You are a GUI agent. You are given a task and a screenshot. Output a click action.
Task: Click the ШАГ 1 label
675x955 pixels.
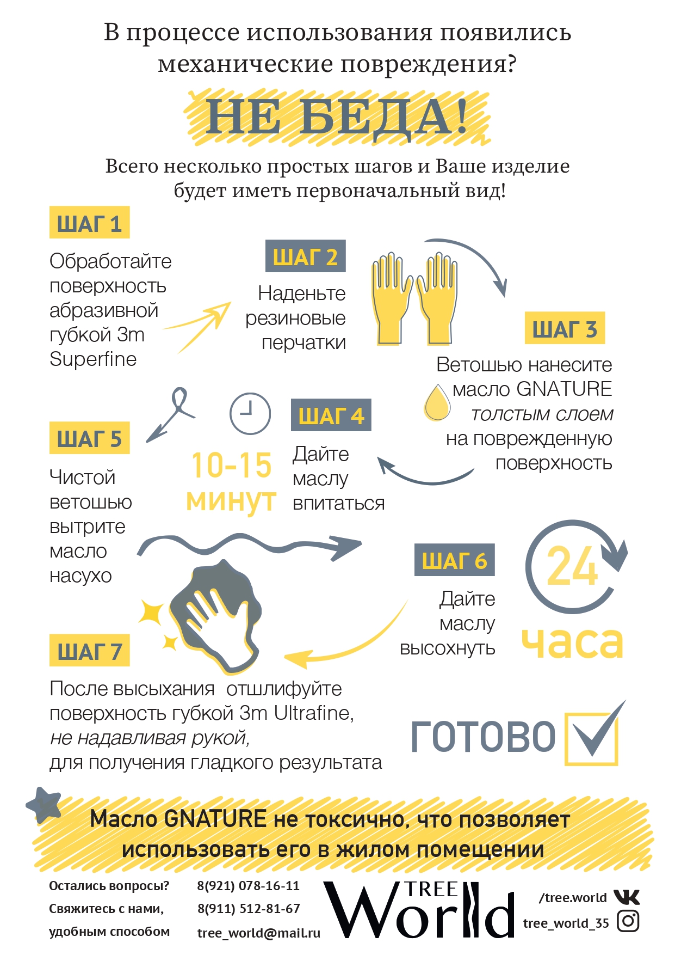point(89,222)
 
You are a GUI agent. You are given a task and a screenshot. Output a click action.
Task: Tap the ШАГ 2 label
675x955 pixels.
point(305,256)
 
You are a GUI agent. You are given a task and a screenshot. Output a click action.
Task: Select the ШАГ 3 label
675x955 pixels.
point(565,328)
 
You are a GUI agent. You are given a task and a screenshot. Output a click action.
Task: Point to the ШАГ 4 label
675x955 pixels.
point(331,415)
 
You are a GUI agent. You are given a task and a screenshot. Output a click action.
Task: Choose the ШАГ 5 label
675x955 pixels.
point(89,438)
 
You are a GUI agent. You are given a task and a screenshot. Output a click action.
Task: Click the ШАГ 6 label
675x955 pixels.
point(454,560)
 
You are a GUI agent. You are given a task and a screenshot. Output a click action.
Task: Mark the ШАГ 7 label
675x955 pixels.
point(89,650)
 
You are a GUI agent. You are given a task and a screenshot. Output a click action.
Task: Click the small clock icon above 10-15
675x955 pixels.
point(250,413)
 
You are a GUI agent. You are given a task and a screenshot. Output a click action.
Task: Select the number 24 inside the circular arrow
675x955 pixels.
point(572,566)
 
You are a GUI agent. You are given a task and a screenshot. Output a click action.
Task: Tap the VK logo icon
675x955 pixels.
point(627,897)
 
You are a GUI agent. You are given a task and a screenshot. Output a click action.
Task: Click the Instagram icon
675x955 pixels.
point(628,921)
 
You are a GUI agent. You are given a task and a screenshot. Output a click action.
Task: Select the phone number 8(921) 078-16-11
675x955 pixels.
point(248,886)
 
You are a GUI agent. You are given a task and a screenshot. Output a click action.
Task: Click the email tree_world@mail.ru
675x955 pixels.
point(258,933)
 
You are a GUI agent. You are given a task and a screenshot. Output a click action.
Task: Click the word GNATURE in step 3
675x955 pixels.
point(564,389)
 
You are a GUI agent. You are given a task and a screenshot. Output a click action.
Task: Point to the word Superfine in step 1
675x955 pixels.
point(93,359)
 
